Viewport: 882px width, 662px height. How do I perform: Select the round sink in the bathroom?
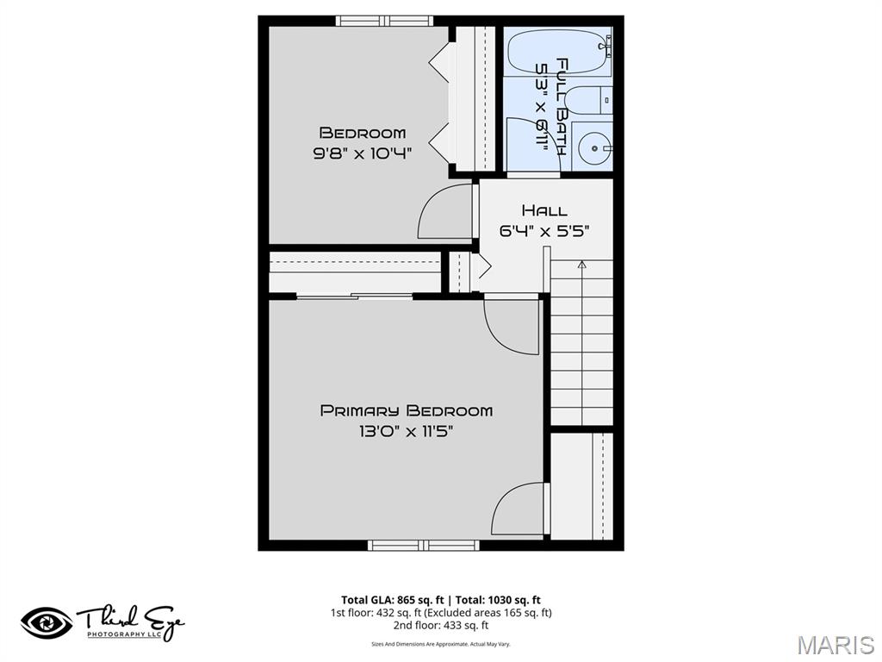point(593,148)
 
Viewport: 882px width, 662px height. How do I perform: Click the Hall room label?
point(544,210)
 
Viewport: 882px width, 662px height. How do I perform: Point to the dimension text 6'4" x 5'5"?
point(544,230)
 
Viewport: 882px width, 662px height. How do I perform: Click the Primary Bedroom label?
point(407,410)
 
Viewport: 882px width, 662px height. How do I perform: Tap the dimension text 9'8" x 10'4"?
point(362,153)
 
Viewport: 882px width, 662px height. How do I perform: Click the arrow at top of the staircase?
point(581,265)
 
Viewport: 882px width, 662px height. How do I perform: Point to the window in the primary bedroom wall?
point(423,545)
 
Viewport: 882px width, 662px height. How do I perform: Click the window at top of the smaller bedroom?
point(384,20)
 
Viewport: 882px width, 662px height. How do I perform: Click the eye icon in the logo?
point(47,622)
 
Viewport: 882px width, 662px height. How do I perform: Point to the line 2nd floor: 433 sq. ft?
point(441,626)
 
